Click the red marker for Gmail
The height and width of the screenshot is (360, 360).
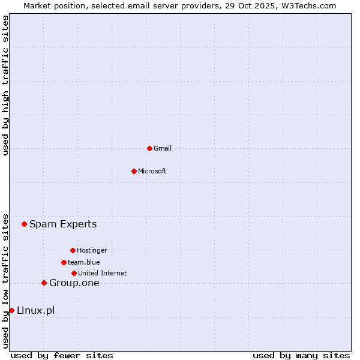tap(149, 148)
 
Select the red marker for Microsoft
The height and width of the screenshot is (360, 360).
tap(134, 171)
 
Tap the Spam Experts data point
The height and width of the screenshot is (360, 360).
tap(24, 224)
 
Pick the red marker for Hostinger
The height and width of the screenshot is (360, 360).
tap(73, 250)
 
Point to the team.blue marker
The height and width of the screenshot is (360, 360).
tap(64, 262)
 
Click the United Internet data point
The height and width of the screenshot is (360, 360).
tap(74, 273)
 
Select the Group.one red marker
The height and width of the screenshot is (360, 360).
tap(44, 283)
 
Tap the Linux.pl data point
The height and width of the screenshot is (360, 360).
tap(11, 310)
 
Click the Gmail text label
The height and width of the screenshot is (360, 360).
tap(163, 148)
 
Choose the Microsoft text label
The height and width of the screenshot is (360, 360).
tap(152, 171)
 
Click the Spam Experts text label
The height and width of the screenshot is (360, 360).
tap(63, 224)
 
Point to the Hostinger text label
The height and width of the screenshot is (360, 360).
tap(92, 250)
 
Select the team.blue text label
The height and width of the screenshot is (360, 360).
tap(84, 262)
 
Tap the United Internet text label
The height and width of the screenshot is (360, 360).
tap(103, 273)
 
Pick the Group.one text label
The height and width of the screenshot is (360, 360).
tap(74, 283)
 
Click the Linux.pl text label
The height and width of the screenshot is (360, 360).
tap(36, 310)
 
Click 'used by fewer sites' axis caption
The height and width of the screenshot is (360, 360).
tap(62, 355)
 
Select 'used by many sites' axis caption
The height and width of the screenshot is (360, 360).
tap(301, 355)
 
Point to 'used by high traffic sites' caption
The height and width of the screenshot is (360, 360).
tap(6, 85)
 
